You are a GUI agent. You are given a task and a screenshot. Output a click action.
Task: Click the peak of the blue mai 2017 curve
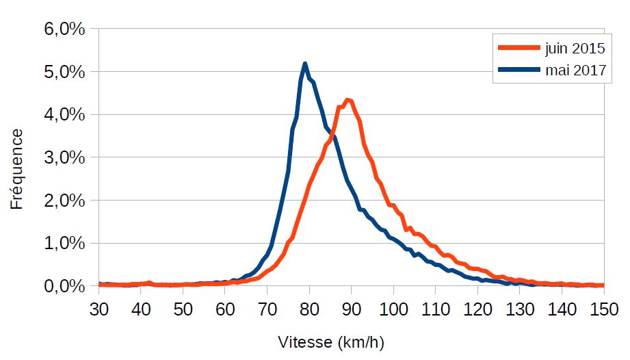(305, 64)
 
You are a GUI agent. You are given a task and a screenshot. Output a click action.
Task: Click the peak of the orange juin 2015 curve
(348, 100)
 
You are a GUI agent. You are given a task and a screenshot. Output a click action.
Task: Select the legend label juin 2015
(575, 49)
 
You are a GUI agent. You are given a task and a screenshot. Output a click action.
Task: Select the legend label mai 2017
(575, 70)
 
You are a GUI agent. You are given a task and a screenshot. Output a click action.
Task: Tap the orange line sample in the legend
(519, 49)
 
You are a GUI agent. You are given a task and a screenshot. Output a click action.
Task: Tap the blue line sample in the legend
(519, 70)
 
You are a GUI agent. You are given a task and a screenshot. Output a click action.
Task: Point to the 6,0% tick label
(66, 29)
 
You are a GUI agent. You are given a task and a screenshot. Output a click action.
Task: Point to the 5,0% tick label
(66, 72)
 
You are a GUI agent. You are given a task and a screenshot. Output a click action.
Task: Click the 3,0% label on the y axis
(66, 157)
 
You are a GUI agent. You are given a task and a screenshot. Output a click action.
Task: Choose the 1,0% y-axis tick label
(66, 243)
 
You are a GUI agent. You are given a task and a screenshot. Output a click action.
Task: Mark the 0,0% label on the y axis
(66, 286)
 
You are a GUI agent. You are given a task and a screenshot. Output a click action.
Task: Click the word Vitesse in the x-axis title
(304, 342)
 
